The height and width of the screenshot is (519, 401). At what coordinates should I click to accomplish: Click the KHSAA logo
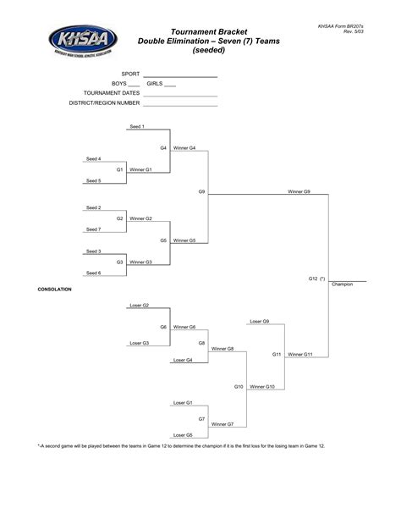click(83, 41)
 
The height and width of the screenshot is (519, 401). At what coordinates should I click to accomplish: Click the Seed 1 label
click(137, 126)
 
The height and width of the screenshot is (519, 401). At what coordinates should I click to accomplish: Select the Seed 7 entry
click(93, 229)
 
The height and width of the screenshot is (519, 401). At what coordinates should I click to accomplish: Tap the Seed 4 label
click(93, 159)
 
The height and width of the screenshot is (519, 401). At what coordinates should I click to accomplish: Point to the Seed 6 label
click(93, 273)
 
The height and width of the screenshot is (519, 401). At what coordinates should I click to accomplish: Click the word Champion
click(342, 284)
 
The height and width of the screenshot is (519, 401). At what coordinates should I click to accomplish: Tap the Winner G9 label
click(299, 191)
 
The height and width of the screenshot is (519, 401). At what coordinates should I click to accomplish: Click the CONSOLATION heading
click(55, 290)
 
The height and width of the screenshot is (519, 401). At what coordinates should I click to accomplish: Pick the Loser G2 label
click(140, 305)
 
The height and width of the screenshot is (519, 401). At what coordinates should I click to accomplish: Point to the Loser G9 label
click(260, 322)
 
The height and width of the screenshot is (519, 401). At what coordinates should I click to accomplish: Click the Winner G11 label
click(300, 355)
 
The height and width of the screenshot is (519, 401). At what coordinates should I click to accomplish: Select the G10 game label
click(239, 387)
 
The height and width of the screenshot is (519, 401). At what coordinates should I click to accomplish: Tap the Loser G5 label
click(183, 435)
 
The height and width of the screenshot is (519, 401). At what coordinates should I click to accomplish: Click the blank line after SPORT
click(180, 77)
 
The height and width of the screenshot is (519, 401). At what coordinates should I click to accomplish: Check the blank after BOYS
click(134, 86)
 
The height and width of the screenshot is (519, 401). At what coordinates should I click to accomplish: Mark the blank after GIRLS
click(170, 86)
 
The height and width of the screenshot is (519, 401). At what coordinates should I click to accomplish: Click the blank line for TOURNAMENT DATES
click(180, 97)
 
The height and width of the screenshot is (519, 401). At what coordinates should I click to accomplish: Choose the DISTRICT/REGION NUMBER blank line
click(180, 106)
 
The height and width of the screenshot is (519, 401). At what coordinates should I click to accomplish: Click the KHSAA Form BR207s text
click(341, 26)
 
